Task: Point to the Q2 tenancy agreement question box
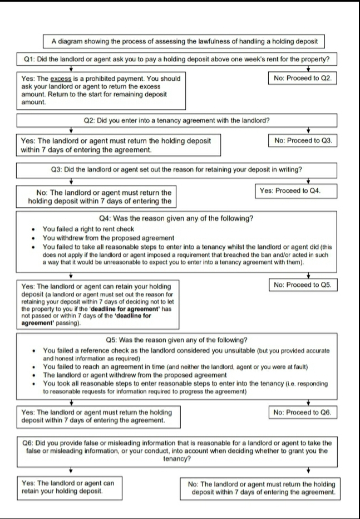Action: click(176, 120)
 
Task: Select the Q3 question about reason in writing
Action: click(176, 169)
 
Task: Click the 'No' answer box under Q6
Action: click(261, 488)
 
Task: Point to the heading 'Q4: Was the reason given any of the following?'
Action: click(176, 218)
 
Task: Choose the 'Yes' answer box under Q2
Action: click(117, 145)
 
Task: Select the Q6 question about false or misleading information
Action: click(176, 449)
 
